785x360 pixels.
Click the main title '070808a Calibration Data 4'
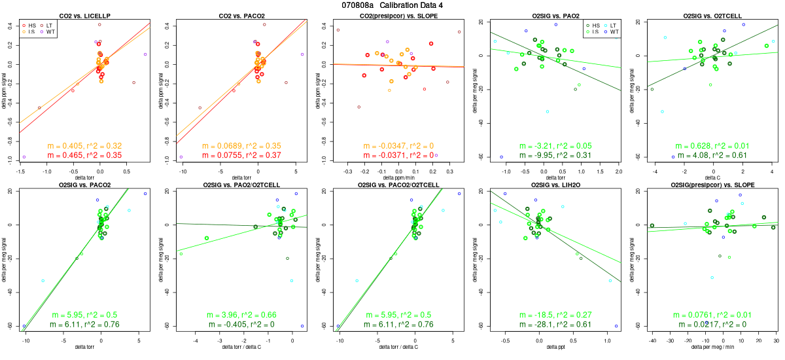pyautogui.click(x=392, y=5)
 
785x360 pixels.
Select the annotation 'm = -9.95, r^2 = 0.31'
pyautogui.click(x=550, y=155)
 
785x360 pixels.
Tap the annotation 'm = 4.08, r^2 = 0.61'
pyautogui.click(x=706, y=155)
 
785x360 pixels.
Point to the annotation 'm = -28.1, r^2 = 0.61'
pyautogui.click(x=550, y=325)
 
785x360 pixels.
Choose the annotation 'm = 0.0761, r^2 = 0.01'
pyautogui.click(x=706, y=315)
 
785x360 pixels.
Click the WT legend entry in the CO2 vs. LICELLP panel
pyautogui.click(x=49, y=31)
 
